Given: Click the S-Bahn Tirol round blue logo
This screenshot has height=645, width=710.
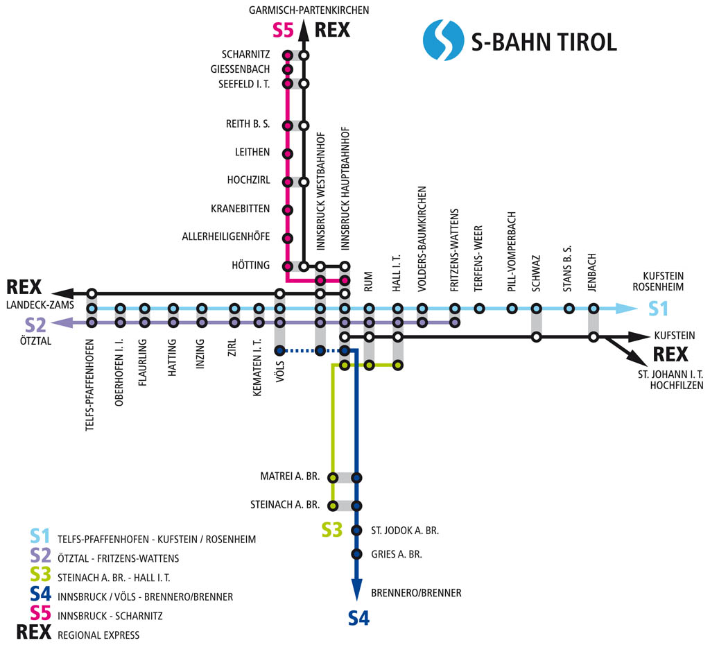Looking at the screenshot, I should pyautogui.click(x=442, y=40).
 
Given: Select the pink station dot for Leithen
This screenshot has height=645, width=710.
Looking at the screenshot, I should pyautogui.click(x=287, y=153).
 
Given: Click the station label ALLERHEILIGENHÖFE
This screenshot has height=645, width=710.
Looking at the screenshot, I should pyautogui.click(x=226, y=237).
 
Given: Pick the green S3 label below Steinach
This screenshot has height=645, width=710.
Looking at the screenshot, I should pyautogui.click(x=332, y=531).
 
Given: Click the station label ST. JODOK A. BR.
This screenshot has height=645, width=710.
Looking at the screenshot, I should pyautogui.click(x=405, y=531).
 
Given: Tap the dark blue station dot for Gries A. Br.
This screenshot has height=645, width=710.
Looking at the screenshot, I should pyautogui.click(x=356, y=554).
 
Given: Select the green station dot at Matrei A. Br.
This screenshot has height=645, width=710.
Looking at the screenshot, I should pyautogui.click(x=333, y=477).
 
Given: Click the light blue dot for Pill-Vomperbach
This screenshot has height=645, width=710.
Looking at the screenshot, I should pyautogui.click(x=512, y=309).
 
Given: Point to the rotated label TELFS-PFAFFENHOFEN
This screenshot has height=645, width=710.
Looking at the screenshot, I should pyautogui.click(x=90, y=386).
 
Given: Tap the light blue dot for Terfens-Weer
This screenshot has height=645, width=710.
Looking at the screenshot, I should pyautogui.click(x=478, y=309).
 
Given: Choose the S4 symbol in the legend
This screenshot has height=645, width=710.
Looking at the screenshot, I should pyautogui.click(x=40, y=596).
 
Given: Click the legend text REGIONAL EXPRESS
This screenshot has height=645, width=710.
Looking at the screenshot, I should pyautogui.click(x=98, y=635).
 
